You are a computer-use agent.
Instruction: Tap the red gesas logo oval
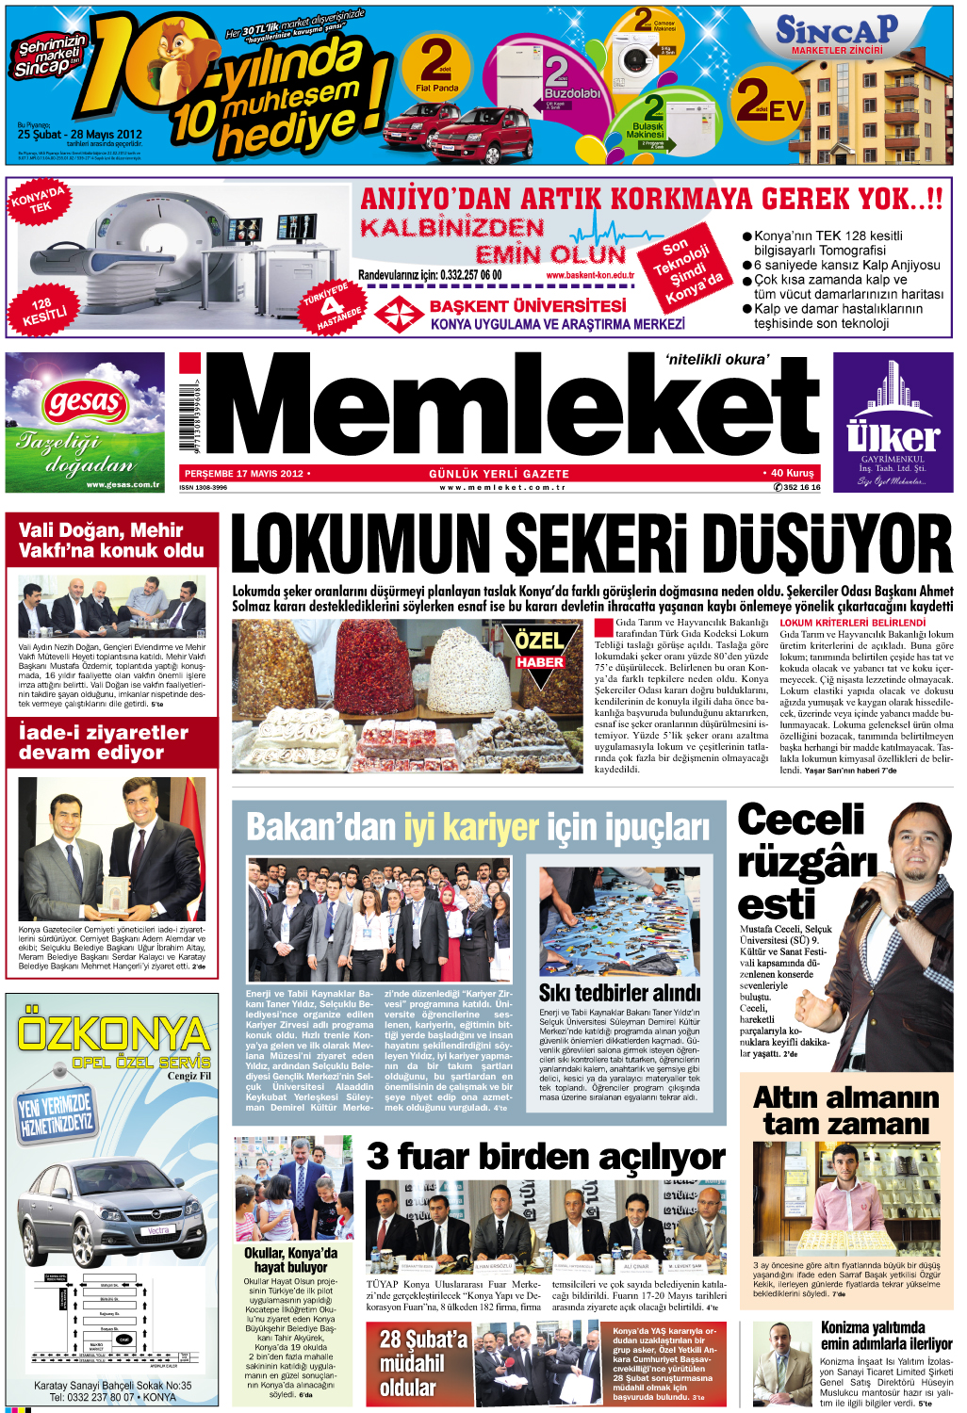(84, 404)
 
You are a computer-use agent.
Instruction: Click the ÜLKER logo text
(892, 437)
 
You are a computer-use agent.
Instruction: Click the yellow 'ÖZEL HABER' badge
(539, 648)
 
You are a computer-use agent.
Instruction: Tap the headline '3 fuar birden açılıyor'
(546, 1156)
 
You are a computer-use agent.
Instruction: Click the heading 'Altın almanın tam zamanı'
(845, 1111)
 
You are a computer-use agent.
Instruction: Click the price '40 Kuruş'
(790, 473)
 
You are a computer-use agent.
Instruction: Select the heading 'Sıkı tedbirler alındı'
(619, 993)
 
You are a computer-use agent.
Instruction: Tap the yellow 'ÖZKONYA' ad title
(113, 1033)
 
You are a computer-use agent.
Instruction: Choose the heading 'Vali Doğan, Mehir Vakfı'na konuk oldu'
(111, 541)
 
